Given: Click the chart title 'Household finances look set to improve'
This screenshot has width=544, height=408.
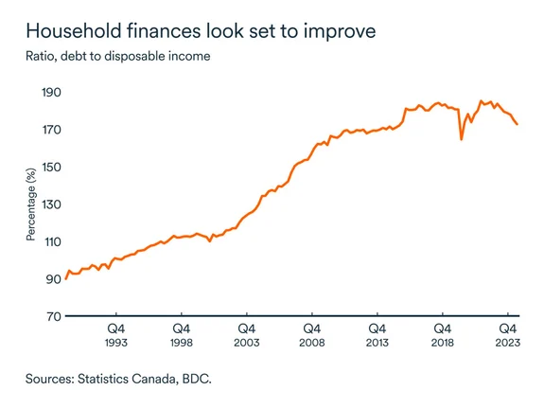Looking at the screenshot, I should [x=201, y=31].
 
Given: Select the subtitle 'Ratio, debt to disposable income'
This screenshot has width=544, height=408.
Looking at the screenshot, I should [x=118, y=56].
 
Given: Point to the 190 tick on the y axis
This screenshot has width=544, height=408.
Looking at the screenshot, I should [x=48, y=93].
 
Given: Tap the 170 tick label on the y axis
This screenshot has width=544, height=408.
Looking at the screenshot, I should [x=48, y=130].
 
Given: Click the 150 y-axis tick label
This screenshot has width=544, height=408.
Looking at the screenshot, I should [x=48, y=168].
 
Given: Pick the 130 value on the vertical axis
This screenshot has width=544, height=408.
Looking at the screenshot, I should [x=48, y=204].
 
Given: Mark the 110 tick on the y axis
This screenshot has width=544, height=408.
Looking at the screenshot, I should [x=48, y=241].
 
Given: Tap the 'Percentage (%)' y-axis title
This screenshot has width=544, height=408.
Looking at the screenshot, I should [x=30, y=204].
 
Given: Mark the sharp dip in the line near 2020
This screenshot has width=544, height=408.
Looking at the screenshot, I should [x=462, y=139].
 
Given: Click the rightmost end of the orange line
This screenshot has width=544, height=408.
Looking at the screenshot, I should [x=517, y=124].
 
